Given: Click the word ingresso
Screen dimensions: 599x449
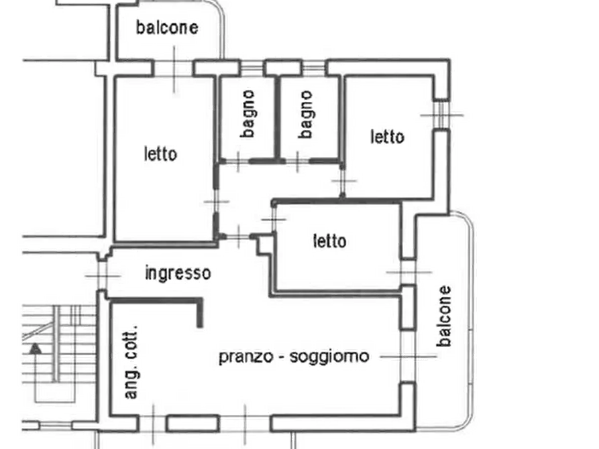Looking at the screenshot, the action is (178, 273).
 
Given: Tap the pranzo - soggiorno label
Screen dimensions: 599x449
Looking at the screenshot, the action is (294, 357).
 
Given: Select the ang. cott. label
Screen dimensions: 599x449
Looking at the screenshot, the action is (131, 363).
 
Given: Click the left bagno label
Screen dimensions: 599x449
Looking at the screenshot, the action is (248, 114).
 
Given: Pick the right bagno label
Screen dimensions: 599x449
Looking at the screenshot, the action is (306, 114).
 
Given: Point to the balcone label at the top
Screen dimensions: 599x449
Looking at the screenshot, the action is (167, 28).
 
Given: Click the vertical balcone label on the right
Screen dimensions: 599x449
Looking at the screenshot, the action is (444, 316).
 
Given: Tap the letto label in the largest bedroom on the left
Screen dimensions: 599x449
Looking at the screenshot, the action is (160, 154).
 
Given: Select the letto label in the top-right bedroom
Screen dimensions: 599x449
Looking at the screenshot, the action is (387, 137).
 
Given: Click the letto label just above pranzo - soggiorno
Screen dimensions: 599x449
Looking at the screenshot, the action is (329, 241).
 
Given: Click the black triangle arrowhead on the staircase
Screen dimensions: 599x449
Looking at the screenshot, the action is (36, 348).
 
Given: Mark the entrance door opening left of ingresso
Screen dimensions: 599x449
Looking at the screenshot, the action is (102, 275).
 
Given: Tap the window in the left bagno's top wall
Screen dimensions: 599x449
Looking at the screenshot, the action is (252, 68).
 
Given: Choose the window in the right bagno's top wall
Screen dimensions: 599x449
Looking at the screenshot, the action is (313, 68).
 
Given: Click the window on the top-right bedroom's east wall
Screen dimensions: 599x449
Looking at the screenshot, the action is (441, 115).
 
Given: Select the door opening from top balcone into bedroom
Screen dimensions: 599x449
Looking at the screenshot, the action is (174, 68).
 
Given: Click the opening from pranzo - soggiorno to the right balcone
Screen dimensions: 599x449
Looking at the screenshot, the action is (408, 357).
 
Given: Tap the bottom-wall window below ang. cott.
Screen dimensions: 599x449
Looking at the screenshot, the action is (153, 424).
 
